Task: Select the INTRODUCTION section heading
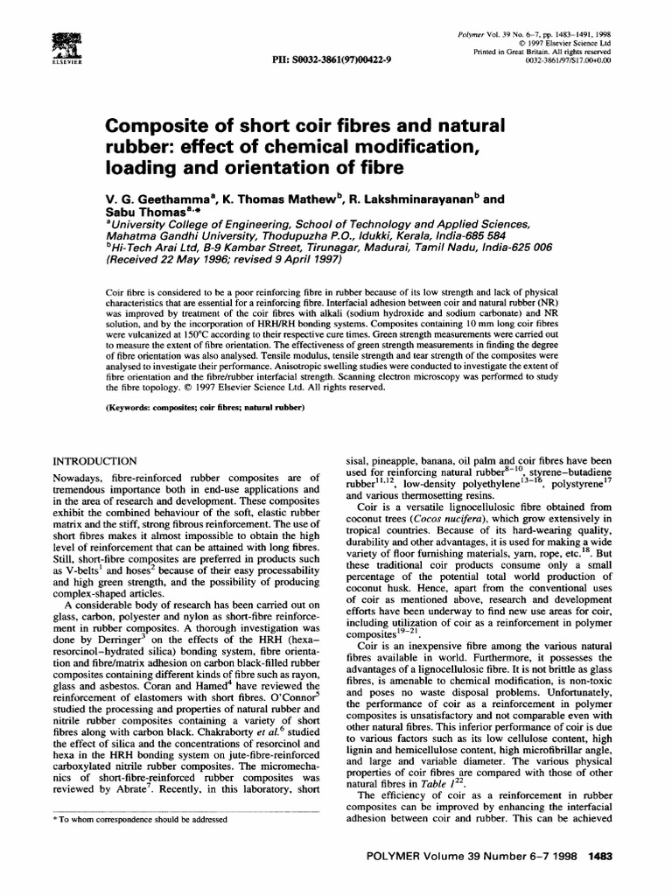pyautogui.click(x=95, y=460)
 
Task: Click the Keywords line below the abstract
pyautogui.click(x=204, y=409)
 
